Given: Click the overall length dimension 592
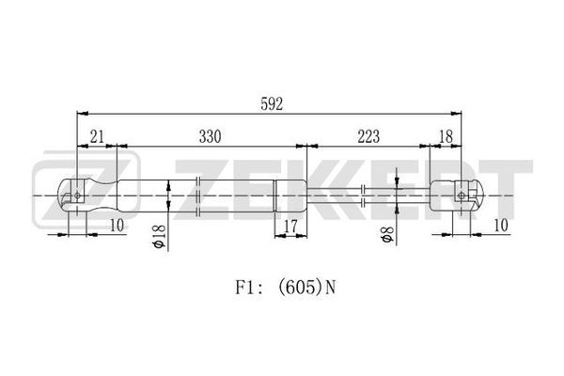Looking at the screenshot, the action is click(272, 104).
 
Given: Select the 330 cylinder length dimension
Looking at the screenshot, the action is click(210, 136).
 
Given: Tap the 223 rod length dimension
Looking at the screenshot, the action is click(368, 136).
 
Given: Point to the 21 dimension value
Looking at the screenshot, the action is click(97, 136).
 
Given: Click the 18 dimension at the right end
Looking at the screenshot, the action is click(446, 136).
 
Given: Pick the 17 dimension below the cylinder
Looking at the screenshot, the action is click(290, 227).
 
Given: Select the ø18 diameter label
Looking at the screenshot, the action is click(159, 236).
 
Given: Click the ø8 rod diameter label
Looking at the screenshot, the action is click(388, 235).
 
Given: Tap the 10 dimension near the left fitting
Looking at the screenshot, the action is click(117, 226).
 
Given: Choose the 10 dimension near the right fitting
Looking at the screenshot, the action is click(501, 226).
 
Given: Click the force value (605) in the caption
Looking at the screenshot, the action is click(301, 288).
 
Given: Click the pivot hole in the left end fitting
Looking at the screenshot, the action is click(77, 196).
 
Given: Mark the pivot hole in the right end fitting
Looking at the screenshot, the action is click(462, 196).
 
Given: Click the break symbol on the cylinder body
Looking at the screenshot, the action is click(197, 196).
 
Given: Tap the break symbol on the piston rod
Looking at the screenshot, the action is click(363, 196).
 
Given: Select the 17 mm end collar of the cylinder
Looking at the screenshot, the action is click(290, 196).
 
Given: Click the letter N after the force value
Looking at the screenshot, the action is click(331, 288).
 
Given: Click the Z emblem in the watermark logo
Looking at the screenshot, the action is click(86, 192).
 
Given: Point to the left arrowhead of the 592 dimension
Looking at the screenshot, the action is click(83, 114).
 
